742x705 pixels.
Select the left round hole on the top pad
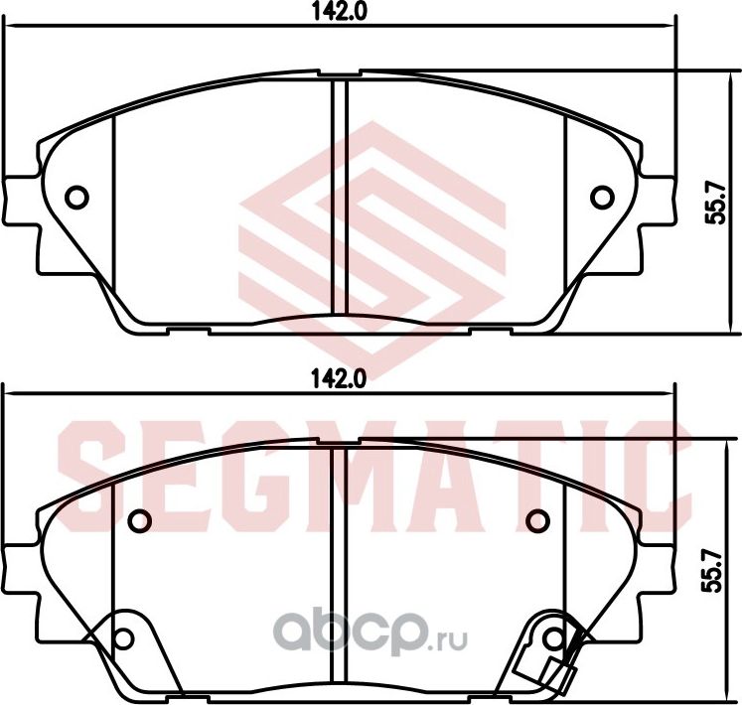[x=76, y=197]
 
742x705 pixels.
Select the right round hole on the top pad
[x=602, y=197]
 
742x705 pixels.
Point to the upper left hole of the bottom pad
[x=140, y=519]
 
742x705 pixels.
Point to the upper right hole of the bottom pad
[x=538, y=519]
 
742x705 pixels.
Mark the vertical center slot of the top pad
[x=339, y=204]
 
